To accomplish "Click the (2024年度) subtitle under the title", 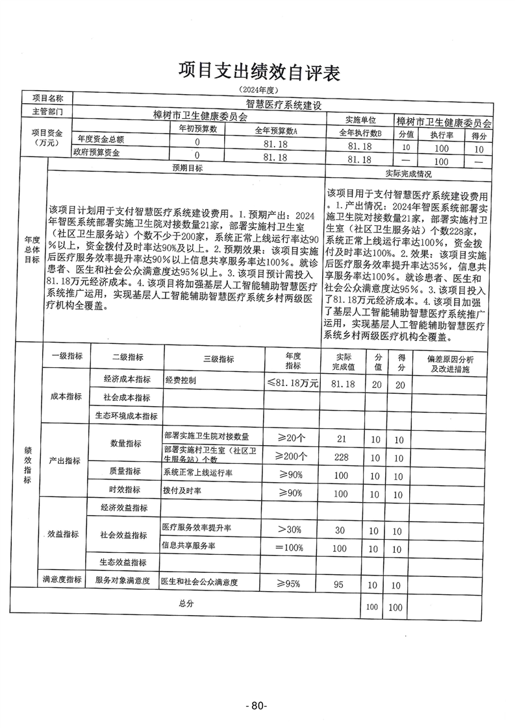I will coord(258,88).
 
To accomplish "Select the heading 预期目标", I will coord(187,167).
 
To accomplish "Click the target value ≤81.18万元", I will coord(292,383).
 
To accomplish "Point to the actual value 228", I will coord(341,456).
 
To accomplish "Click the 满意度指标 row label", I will coord(62,579).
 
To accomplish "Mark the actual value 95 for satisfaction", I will coord(338,585).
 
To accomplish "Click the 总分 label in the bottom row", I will coord(186,603).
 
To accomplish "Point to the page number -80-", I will coord(257,705).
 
